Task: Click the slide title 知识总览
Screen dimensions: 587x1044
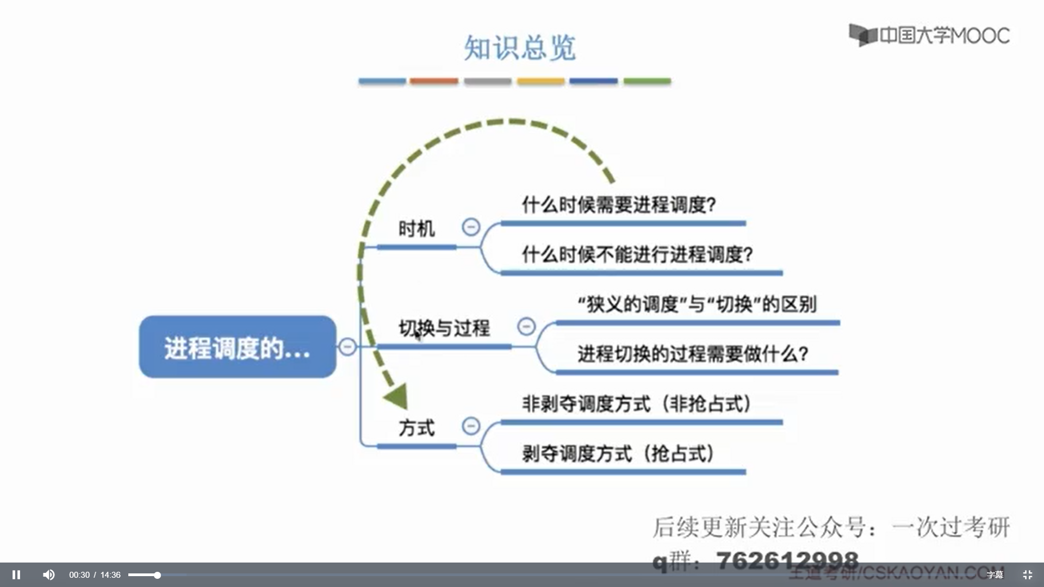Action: coord(519,48)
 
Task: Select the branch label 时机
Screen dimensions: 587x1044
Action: coord(417,229)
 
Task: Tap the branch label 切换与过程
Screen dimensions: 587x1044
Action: coord(444,328)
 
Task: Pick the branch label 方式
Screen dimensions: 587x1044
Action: coord(417,428)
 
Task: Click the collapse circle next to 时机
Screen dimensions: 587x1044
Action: coord(471,227)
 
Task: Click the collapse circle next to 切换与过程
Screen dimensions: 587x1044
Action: coord(526,326)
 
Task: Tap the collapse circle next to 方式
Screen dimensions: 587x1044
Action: coord(471,426)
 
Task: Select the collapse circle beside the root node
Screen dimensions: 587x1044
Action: coord(347,346)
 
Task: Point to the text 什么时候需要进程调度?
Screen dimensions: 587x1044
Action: coord(619,205)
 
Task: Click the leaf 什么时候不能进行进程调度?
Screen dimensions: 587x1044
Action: coord(637,254)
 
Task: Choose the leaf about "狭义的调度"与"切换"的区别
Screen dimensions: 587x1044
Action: coord(697,304)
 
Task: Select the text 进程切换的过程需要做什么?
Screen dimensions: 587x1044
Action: coord(693,354)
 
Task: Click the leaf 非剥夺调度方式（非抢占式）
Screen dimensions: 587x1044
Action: coord(636,404)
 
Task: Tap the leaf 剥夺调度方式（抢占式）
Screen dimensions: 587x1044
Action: coord(618,453)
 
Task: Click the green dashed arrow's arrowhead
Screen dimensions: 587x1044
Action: coord(397,396)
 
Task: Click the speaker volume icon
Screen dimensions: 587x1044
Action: coord(48,574)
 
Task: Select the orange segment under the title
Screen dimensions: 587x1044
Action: coord(433,81)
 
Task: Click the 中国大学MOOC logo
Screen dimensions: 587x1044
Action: coord(929,35)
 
